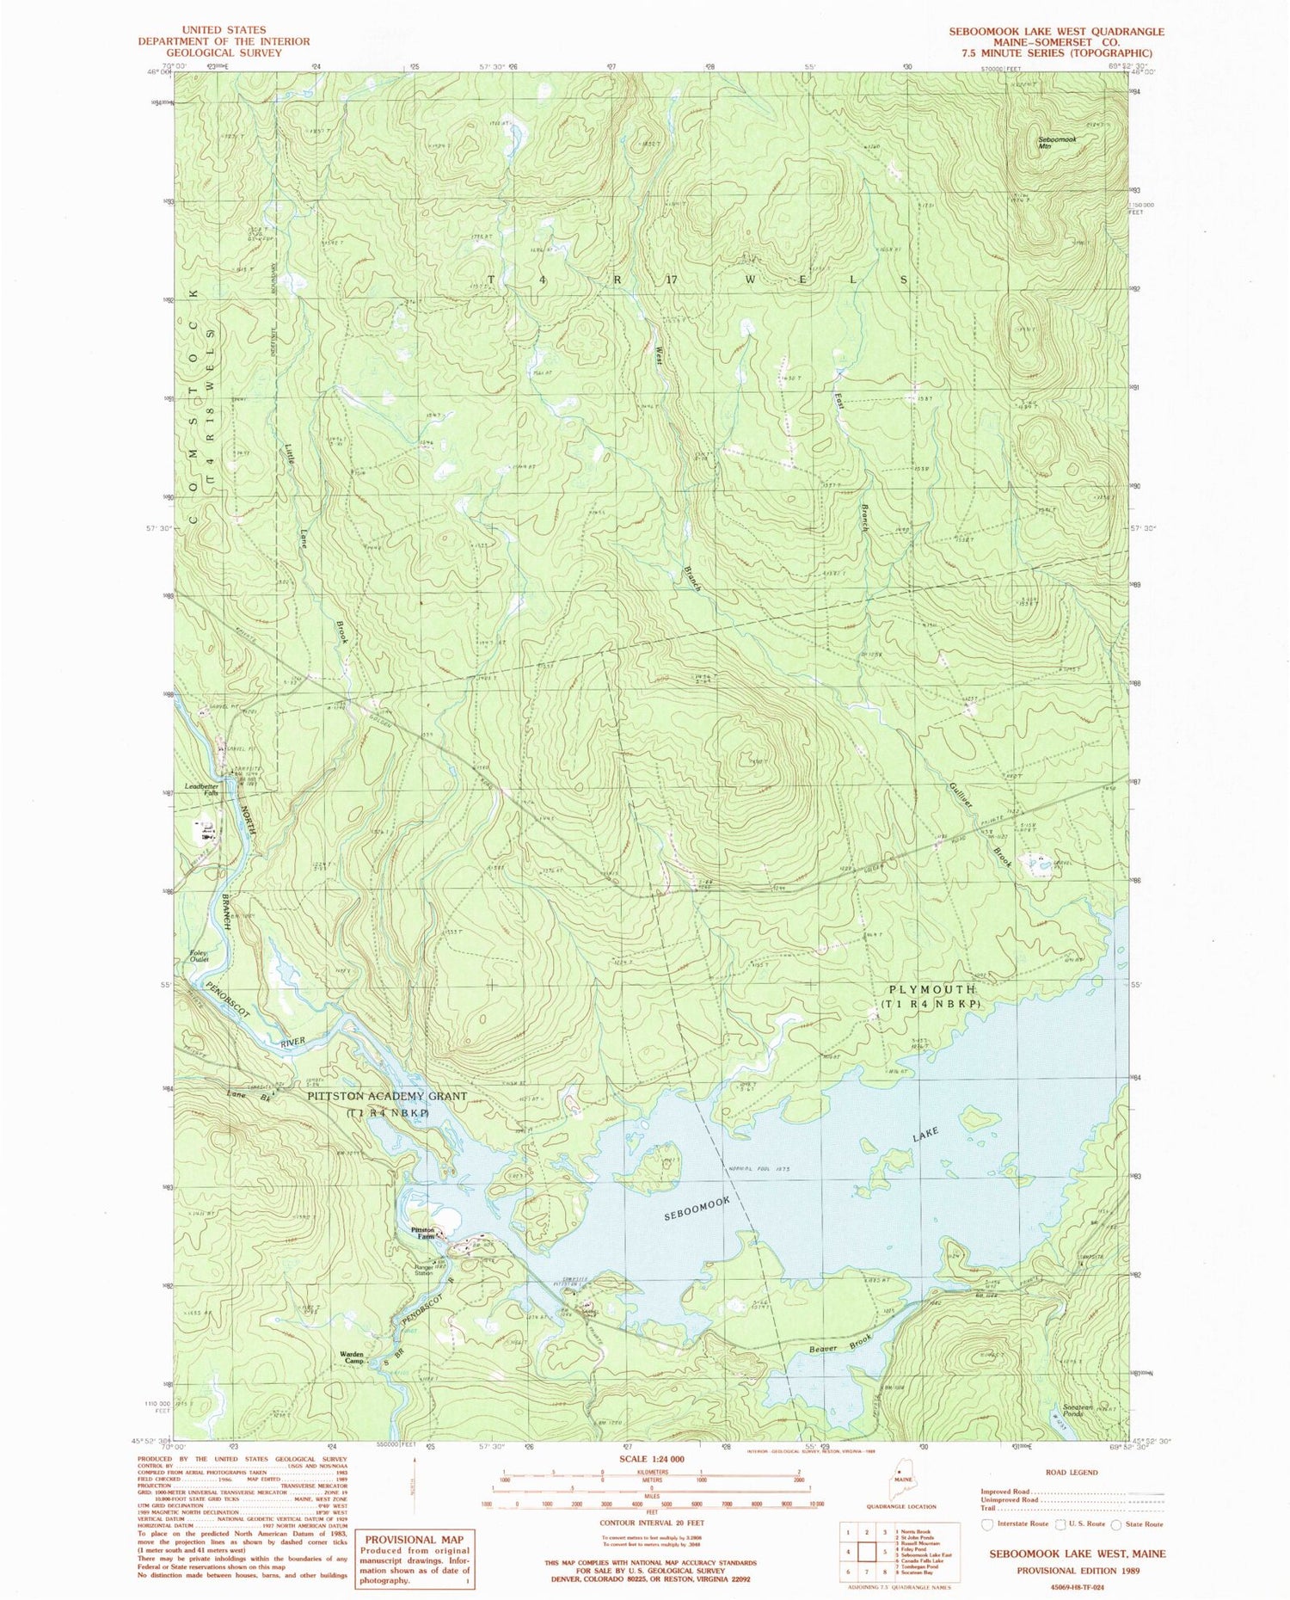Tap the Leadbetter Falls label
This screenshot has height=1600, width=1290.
pyautogui.click(x=199, y=788)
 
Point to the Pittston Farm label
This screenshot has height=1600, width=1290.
pyautogui.click(x=422, y=1232)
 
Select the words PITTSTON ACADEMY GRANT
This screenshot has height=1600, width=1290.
pyautogui.click(x=387, y=1096)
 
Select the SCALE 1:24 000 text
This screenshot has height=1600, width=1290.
pyautogui.click(x=651, y=1459)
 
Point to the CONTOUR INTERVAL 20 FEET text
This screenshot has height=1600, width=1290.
pyautogui.click(x=651, y=1521)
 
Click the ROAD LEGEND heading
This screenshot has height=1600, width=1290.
pyautogui.click(x=1072, y=1473)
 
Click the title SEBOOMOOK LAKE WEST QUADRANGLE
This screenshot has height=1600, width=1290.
pyautogui.click(x=1055, y=31)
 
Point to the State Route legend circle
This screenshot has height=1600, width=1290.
pyautogui.click(x=1115, y=1524)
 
